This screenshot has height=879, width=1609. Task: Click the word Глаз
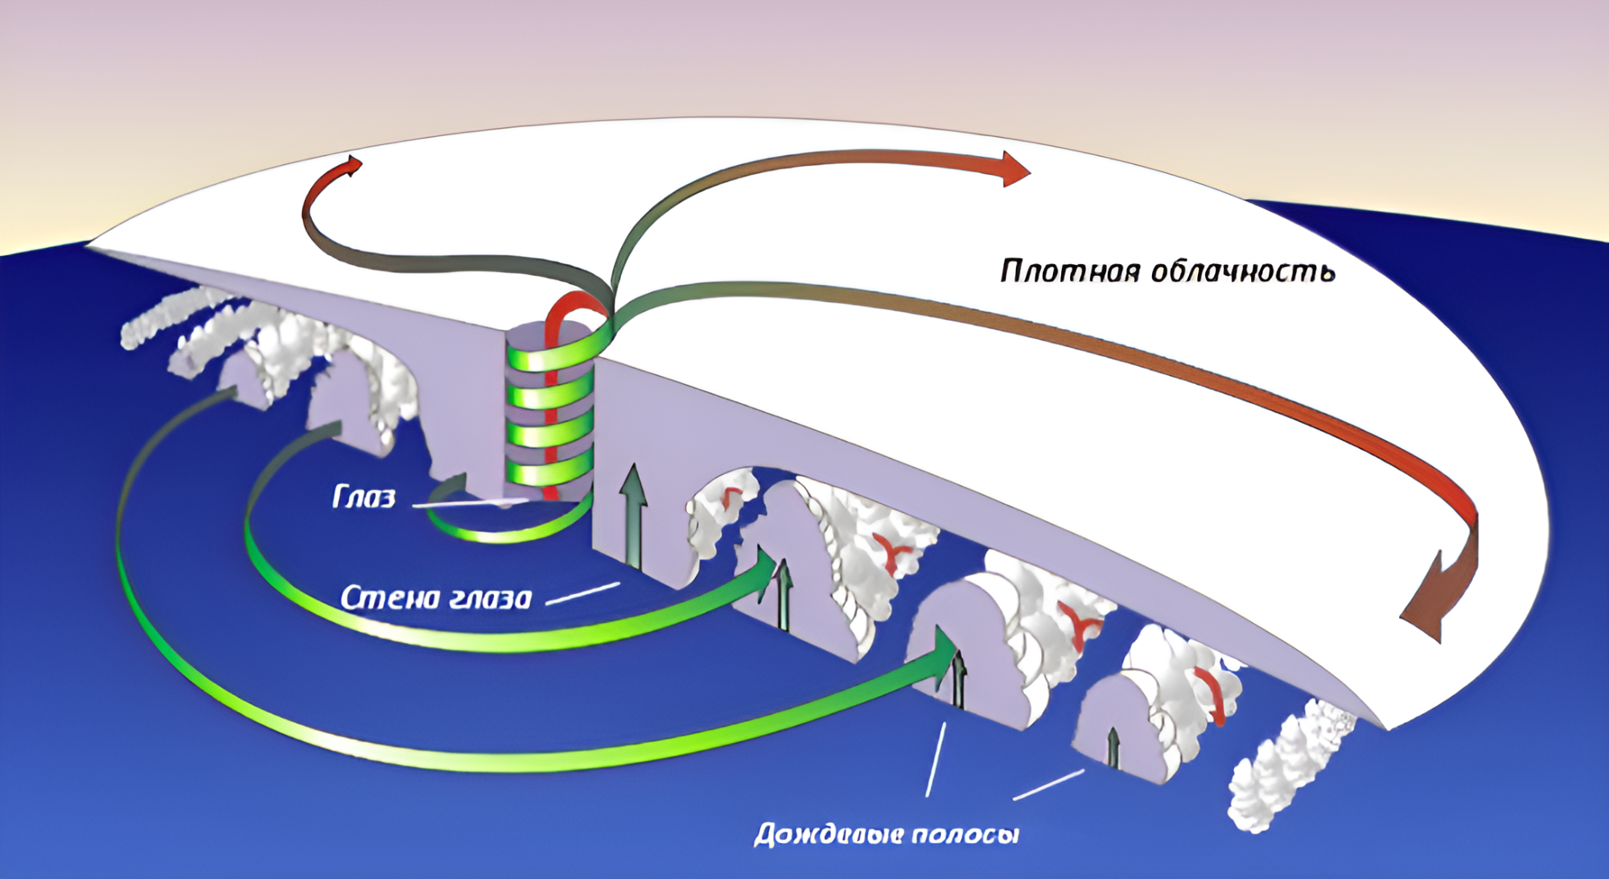tap(364, 497)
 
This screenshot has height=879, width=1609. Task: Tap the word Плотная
tap(1070, 271)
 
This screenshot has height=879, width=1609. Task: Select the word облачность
tap(1243, 271)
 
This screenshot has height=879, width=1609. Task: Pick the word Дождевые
tap(825, 834)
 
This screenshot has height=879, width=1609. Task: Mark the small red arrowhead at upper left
tap(351, 166)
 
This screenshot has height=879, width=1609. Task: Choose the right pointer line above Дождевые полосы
tap(1047, 785)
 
